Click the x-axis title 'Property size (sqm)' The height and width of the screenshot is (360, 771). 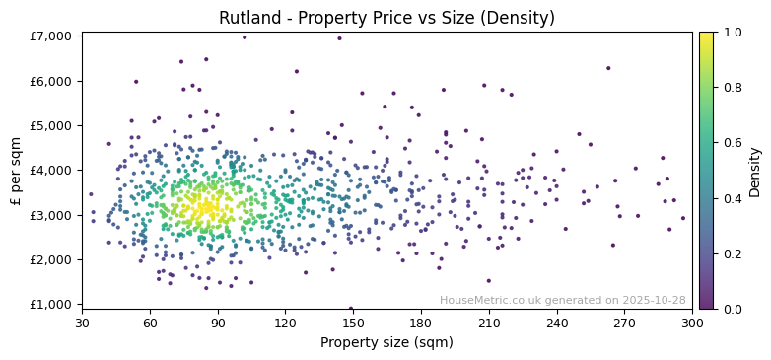click(386, 343)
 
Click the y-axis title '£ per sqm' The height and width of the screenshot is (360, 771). click(16, 171)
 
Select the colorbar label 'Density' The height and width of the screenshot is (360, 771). click(754, 171)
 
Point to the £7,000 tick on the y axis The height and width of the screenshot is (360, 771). click(50, 36)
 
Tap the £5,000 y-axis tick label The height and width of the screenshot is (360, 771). click(50, 125)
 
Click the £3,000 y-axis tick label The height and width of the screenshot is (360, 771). click(50, 215)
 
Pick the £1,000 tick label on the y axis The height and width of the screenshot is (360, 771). click(50, 304)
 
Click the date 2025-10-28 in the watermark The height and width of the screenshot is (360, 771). click(654, 300)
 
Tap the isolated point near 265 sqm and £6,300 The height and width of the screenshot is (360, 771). click(608, 68)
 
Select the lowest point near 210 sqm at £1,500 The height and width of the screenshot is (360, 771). click(488, 281)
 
